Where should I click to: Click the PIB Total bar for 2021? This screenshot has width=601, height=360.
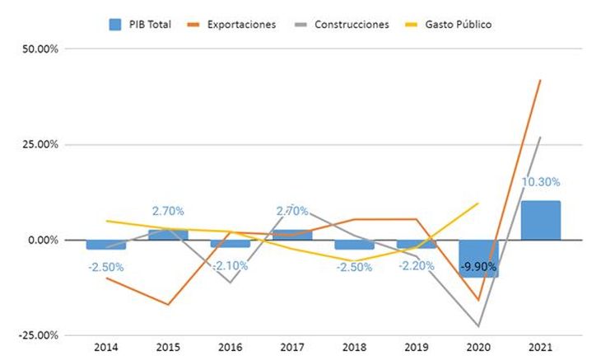pyautogui.click(x=540, y=220)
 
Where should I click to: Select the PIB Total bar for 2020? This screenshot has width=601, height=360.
pyautogui.click(x=478, y=258)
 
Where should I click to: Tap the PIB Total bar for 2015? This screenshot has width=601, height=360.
pyautogui.click(x=168, y=235)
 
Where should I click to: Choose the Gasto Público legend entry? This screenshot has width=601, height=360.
pyautogui.click(x=451, y=25)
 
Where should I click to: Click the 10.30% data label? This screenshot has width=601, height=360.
pyautogui.click(x=541, y=182)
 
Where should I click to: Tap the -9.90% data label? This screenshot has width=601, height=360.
pyautogui.click(x=478, y=266)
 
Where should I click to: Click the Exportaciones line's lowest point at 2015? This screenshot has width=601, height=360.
pyautogui.click(x=168, y=305)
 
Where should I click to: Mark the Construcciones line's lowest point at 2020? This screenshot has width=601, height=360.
pyautogui.click(x=478, y=326)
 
